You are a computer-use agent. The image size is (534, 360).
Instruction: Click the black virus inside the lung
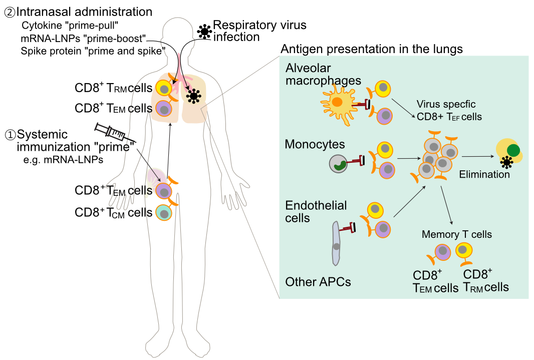point(193,95)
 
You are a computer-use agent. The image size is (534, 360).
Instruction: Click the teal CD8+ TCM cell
point(163,212)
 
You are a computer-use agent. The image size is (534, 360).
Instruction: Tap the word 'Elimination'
point(484,175)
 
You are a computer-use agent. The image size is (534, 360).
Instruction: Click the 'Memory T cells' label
point(456,234)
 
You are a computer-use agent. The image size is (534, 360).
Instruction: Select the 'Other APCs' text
point(318,282)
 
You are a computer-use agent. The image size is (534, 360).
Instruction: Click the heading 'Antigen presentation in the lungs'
point(371,49)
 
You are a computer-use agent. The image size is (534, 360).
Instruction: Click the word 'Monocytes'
point(315,145)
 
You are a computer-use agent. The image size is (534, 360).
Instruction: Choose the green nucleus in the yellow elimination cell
point(513,150)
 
